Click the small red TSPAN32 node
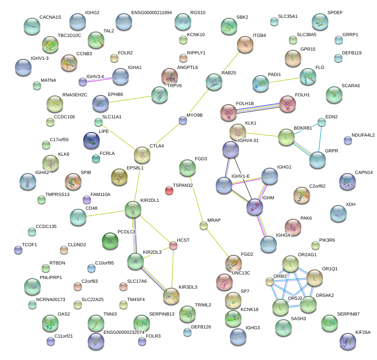pos(169,191)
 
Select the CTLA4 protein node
pos(142,155)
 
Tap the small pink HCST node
pos(173,245)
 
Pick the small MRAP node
pos(204,225)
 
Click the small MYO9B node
pos(183,120)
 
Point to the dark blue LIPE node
pos(91,140)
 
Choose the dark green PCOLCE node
pos(110,241)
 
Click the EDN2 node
pos(322,122)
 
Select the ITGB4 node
pos(245,44)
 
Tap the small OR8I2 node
pos(270,282)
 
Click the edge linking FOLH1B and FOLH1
pos(258,108)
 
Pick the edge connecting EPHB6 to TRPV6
pos(130,99)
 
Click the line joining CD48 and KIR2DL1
pos(105,213)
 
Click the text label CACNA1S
pos(50,17)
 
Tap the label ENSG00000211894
pos(151,13)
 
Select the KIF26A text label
pos(363,332)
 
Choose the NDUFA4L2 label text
pos(363,135)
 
